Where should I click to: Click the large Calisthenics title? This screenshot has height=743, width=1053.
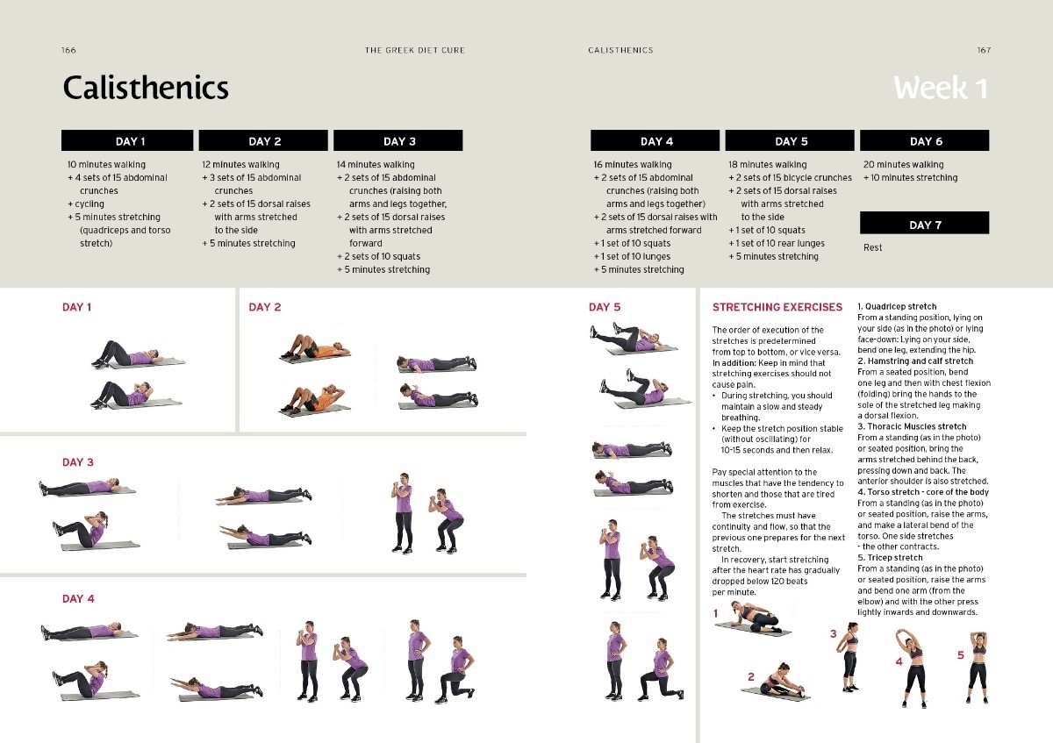click(146, 88)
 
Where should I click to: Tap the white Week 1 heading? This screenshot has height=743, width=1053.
click(940, 88)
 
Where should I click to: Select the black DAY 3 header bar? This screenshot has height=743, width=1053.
click(398, 140)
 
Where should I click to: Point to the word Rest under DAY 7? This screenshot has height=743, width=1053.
click(872, 247)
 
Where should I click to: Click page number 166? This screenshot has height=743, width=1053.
click(68, 50)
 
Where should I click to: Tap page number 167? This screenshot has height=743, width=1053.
click(984, 50)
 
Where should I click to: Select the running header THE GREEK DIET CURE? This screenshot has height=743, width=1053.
click(414, 50)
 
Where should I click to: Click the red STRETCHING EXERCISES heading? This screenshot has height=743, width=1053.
click(777, 307)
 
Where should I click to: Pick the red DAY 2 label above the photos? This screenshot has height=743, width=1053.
click(265, 307)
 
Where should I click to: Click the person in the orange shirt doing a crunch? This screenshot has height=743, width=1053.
click(313, 399)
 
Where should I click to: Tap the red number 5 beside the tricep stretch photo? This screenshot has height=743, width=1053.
click(961, 655)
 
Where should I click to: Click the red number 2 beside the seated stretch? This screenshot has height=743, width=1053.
click(751, 676)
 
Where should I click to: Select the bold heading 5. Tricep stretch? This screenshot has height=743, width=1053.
click(890, 558)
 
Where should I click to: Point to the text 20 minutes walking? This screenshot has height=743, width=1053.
click(904, 165)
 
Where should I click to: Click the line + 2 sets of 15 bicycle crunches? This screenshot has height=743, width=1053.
click(791, 178)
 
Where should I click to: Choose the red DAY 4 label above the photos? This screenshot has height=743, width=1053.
click(78, 599)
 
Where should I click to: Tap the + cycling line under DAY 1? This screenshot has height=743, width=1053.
click(86, 204)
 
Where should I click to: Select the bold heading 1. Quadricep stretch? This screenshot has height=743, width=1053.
click(897, 306)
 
